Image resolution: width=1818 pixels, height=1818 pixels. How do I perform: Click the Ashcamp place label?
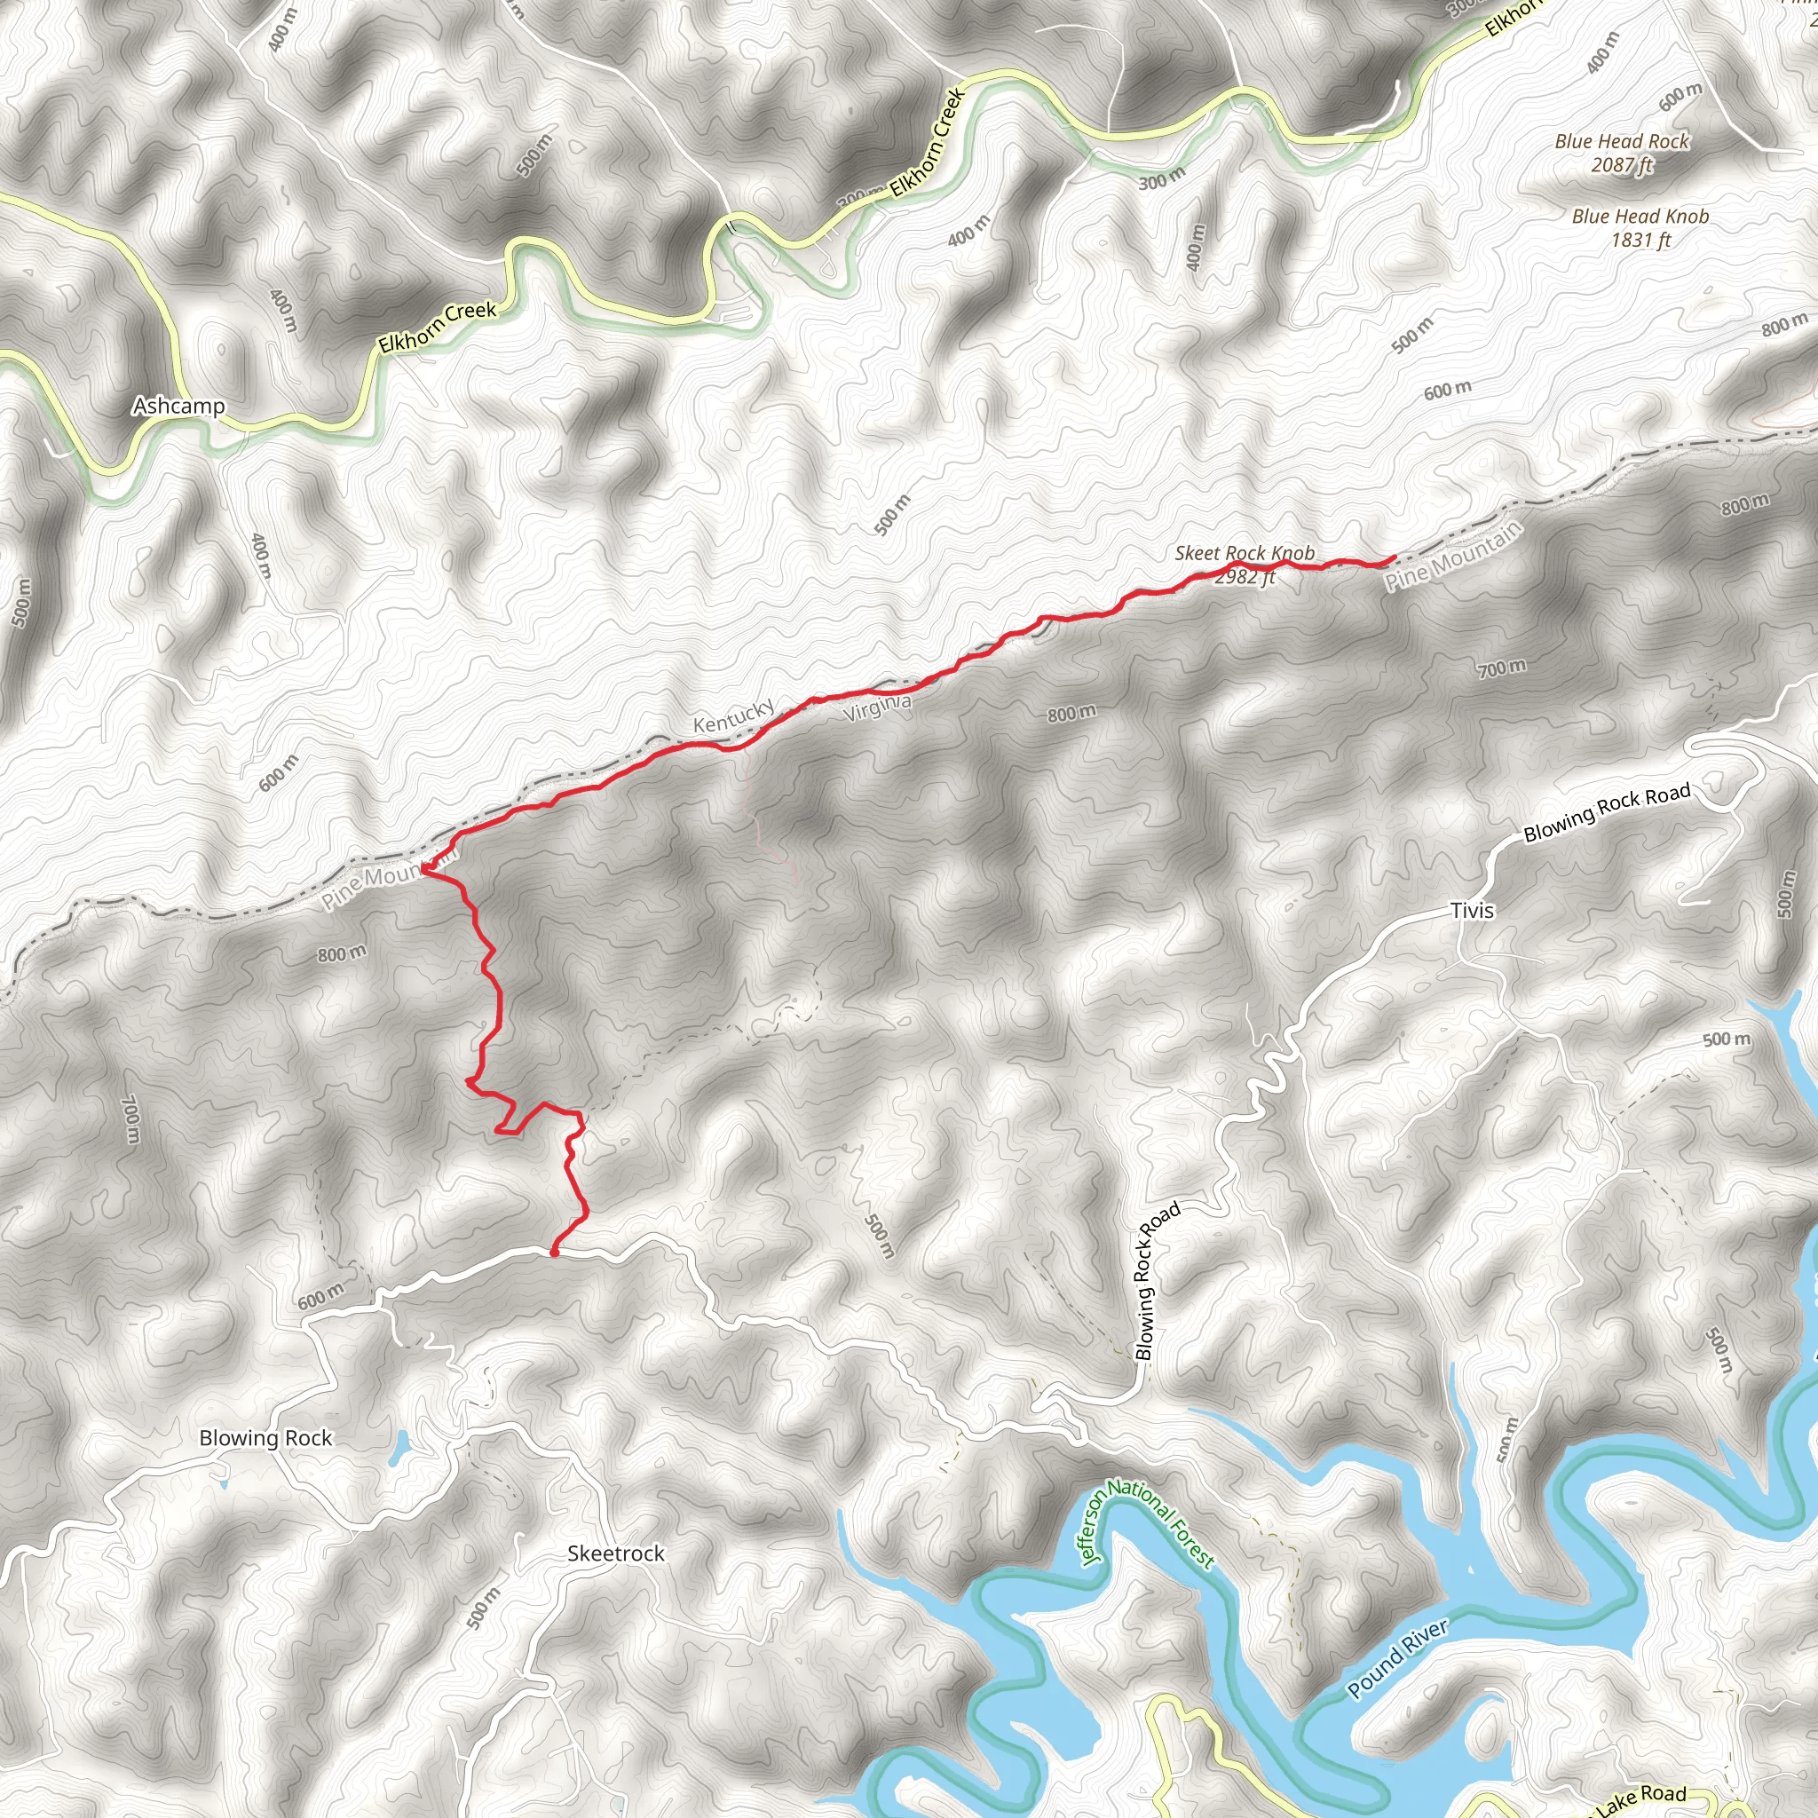tap(178, 406)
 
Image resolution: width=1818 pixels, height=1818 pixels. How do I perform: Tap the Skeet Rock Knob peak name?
tap(1244, 553)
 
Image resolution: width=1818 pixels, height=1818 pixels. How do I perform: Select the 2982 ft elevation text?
tap(1244, 577)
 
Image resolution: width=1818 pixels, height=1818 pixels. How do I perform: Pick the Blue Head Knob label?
tap(1640, 217)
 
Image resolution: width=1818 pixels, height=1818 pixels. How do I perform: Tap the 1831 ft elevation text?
tap(1640, 240)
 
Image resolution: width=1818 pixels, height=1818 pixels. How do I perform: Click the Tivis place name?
tap(1472, 910)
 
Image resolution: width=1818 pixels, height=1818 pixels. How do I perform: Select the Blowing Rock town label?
tap(265, 1438)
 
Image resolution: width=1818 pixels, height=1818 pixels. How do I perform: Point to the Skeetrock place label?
tap(615, 1553)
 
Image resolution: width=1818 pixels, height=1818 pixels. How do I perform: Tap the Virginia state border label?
tap(877, 707)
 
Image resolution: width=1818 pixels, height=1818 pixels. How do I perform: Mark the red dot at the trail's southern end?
tap(554, 1253)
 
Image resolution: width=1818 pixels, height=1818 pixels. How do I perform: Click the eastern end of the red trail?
tap(1393, 559)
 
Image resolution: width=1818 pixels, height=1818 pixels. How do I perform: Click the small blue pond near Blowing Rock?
tap(399, 1450)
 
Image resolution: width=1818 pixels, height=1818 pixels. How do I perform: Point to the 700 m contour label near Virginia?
tap(1502, 669)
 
